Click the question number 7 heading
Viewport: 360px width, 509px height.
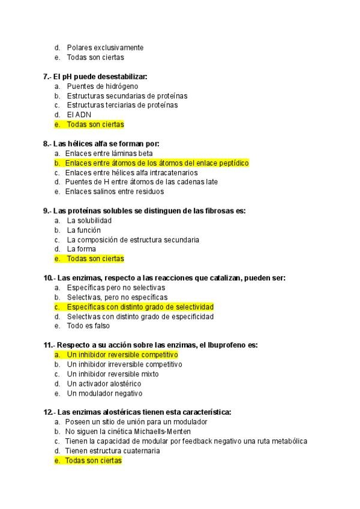point(95,76)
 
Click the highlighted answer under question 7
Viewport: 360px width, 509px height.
point(95,124)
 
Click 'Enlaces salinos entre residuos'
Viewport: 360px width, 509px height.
point(114,191)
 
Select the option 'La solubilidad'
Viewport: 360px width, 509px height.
point(89,220)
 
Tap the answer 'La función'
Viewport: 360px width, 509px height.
point(83,230)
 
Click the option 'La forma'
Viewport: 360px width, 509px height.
point(81,249)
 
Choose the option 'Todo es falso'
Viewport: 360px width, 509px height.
point(88,326)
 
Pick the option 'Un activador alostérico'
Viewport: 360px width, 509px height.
point(104,384)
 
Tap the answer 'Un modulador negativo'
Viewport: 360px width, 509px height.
point(104,393)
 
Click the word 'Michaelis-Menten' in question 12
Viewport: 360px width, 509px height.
point(161,432)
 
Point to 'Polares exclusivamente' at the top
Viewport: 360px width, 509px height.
point(105,47)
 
